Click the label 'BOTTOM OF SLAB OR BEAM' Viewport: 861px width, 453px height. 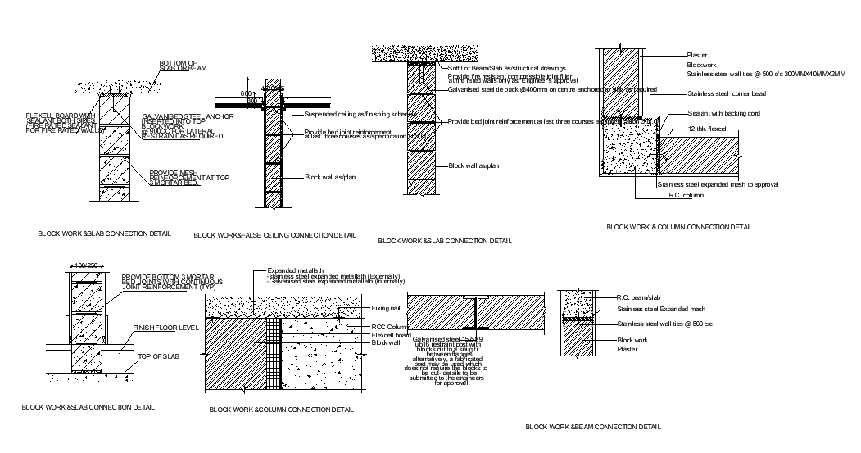click(x=178, y=66)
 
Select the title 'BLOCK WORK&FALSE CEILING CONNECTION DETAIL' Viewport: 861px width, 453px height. click(x=274, y=235)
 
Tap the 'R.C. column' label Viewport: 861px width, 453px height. click(x=686, y=196)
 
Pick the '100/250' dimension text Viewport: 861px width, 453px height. click(x=86, y=265)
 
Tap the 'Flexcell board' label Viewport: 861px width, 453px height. click(x=391, y=334)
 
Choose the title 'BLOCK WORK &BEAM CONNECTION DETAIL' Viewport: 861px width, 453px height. click(x=592, y=427)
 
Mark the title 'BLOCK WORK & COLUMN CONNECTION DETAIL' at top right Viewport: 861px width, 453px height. click(x=679, y=227)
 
